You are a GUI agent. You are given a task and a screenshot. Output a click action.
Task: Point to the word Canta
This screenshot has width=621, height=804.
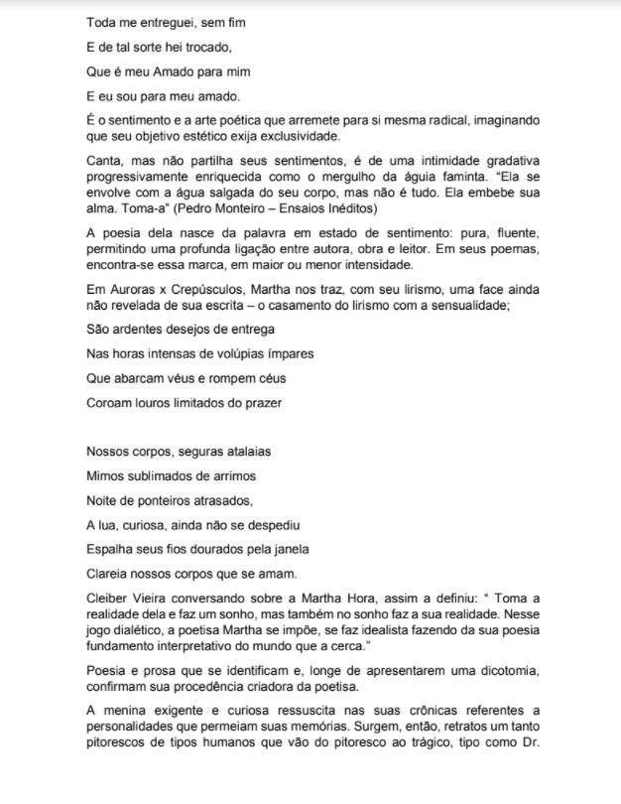point(105,160)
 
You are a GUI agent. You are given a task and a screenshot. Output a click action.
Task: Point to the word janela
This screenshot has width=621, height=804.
point(289,548)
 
